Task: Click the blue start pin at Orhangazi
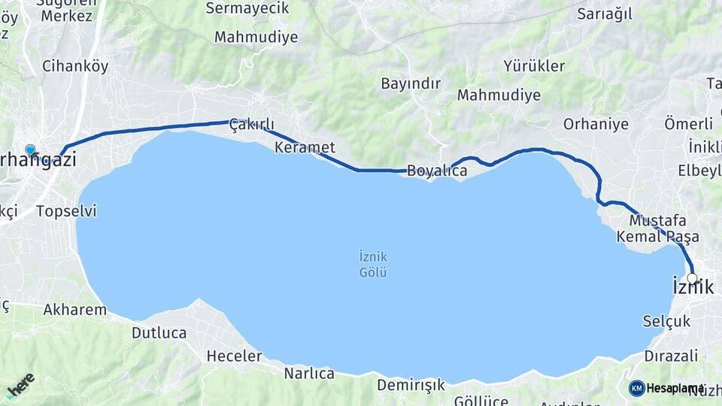(30, 150)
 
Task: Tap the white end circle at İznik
(693, 277)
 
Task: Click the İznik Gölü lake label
(373, 264)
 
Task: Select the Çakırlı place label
(251, 124)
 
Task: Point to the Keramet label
(305, 147)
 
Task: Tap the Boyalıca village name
(437, 171)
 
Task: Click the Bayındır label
(411, 83)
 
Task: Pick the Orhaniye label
(596, 124)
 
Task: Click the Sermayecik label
(248, 9)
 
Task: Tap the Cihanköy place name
(75, 66)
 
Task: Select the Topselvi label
(66, 211)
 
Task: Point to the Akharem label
(75, 309)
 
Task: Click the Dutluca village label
(159, 332)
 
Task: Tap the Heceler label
(234, 356)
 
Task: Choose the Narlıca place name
(309, 373)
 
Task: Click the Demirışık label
(411, 385)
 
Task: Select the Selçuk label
(666, 321)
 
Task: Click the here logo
(20, 385)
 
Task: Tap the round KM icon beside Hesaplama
(636, 388)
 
